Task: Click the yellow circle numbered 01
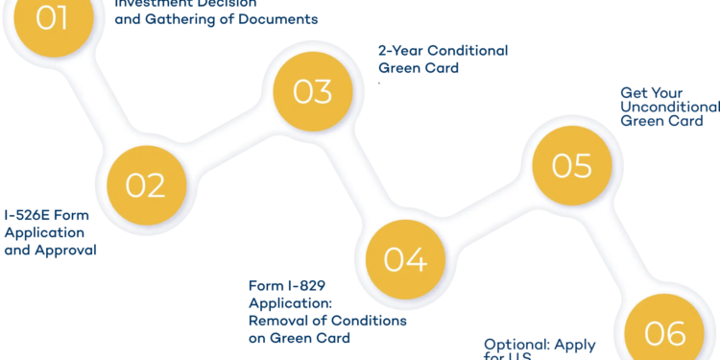click(52, 19)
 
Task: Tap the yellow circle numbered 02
click(145, 184)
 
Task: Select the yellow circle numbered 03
click(312, 91)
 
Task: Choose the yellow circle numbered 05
click(571, 165)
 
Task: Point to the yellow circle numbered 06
click(664, 332)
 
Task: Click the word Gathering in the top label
click(182, 18)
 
